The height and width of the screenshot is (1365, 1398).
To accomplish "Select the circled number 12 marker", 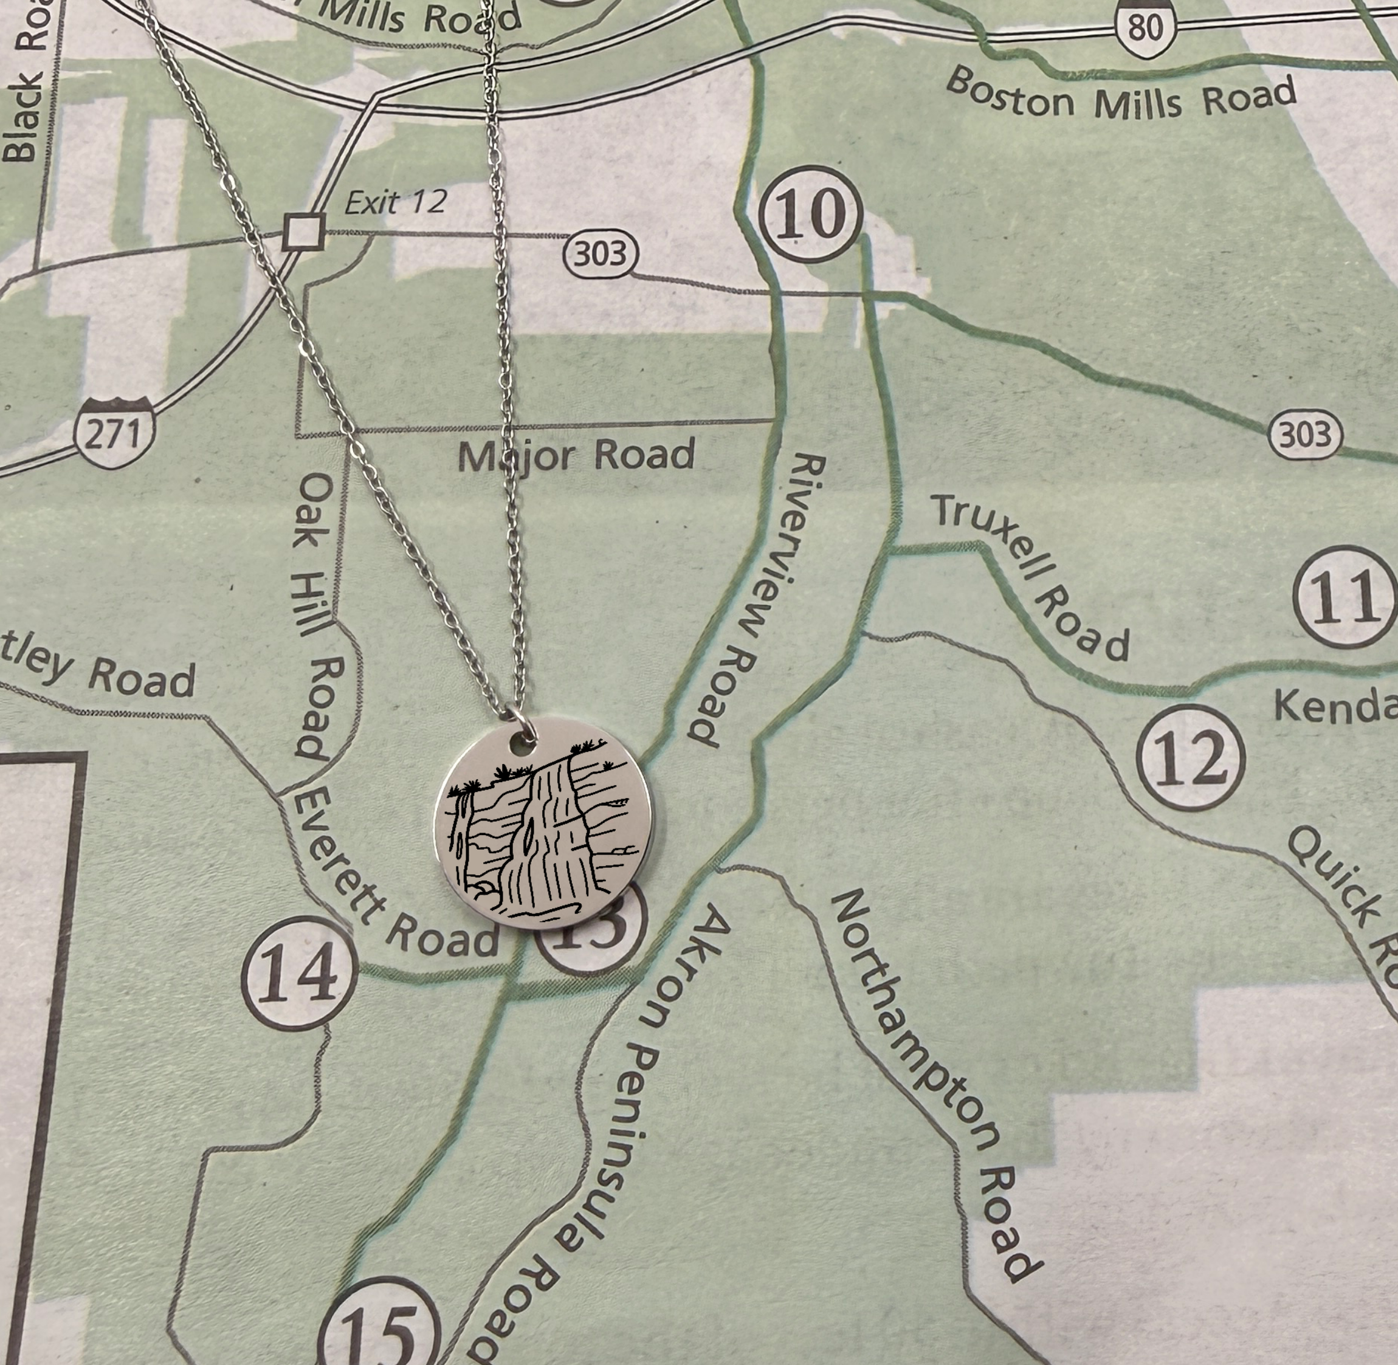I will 1191,757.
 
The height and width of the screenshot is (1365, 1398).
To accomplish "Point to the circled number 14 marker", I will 299,974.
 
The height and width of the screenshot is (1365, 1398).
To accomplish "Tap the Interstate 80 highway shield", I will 1145,26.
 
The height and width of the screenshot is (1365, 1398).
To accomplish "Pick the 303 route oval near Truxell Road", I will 1305,435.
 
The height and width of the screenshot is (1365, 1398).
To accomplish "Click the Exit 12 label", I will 395,202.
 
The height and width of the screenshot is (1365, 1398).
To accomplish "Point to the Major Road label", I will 576,455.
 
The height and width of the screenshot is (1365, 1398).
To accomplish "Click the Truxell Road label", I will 1030,578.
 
